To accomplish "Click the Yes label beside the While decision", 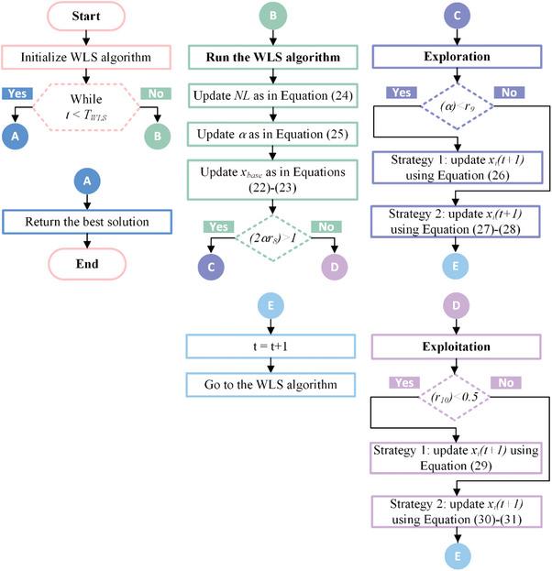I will (19, 93).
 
